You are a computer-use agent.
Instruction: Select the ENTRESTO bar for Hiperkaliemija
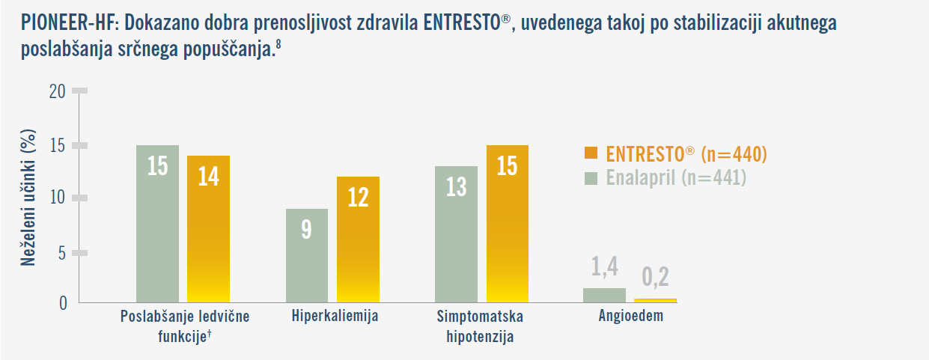click(x=358, y=240)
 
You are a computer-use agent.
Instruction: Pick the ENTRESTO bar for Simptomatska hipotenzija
click(x=508, y=224)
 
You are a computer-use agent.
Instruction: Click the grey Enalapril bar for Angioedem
click(x=604, y=295)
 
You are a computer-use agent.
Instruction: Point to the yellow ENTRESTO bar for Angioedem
click(x=655, y=300)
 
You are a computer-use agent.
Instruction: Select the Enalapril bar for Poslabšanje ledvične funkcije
click(x=157, y=224)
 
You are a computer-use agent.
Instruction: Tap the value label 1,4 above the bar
click(x=604, y=266)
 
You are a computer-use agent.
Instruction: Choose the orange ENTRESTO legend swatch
click(x=591, y=154)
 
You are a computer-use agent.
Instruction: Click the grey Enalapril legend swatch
click(x=591, y=178)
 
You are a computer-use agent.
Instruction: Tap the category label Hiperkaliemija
click(x=335, y=316)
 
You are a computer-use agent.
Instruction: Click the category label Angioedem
click(x=630, y=316)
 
